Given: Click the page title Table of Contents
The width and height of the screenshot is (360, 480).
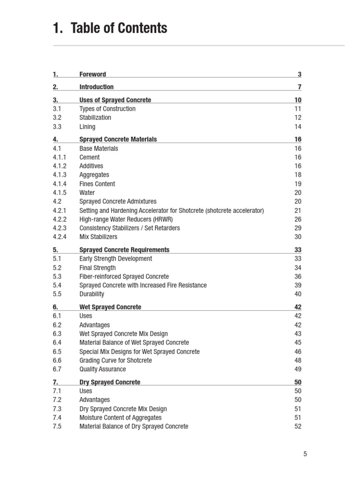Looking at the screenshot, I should (110, 29).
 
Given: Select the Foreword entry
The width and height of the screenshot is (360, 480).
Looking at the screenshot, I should (93, 74).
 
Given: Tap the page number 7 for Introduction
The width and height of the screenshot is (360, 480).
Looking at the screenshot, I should (300, 87).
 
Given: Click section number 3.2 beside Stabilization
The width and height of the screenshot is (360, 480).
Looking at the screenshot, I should (57, 118).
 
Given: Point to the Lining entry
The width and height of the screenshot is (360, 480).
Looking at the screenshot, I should (87, 127).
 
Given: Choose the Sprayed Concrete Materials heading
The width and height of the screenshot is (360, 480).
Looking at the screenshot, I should (118, 139).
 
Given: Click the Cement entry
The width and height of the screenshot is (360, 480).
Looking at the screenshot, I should (90, 157).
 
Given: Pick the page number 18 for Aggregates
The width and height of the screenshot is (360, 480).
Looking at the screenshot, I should (298, 175).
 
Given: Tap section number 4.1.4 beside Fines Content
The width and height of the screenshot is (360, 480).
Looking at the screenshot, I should (60, 184).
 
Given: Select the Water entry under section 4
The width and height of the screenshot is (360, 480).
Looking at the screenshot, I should (87, 193).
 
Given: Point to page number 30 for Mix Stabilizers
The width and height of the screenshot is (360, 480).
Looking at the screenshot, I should (298, 237).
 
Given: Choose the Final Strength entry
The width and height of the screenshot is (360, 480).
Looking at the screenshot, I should (97, 268).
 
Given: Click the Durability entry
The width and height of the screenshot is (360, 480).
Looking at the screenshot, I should (92, 294).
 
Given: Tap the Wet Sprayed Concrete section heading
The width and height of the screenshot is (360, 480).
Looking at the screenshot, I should (110, 307).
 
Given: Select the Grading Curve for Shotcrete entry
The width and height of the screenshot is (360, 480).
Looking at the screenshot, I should (116, 360).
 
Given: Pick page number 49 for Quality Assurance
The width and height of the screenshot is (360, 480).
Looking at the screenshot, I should (298, 369).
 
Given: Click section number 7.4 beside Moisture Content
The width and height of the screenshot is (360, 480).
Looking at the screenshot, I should (57, 418).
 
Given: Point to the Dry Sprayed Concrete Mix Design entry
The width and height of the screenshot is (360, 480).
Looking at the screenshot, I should (123, 409).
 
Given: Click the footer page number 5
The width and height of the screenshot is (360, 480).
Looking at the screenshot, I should (305, 454).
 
